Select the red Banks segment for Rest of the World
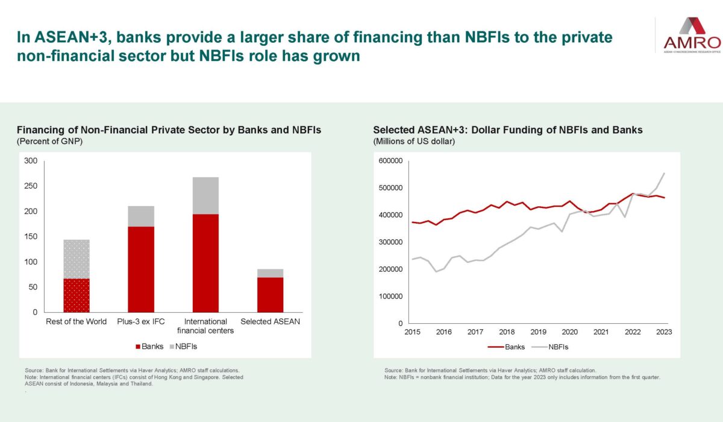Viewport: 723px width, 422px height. [x=77, y=295]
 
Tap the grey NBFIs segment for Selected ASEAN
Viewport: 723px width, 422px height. [x=270, y=273]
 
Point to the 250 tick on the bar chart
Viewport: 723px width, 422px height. [x=31, y=186]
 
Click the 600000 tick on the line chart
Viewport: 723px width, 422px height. [x=390, y=161]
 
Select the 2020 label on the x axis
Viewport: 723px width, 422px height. [x=569, y=332]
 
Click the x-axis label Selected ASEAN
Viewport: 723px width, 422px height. [x=270, y=321]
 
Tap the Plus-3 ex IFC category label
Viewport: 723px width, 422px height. [x=141, y=321]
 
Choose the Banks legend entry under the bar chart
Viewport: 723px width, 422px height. [x=149, y=347]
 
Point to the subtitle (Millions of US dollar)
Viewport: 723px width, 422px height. [x=414, y=141]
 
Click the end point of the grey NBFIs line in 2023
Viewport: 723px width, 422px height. [x=665, y=173]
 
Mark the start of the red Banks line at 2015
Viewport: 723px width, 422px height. [x=412, y=222]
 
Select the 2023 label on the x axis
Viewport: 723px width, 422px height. [x=663, y=332]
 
